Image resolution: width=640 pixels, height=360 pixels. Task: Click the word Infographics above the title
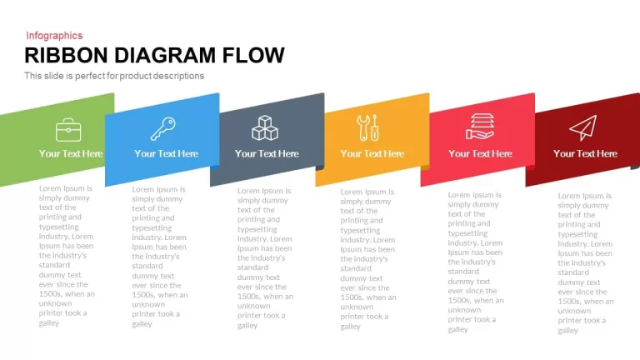[54, 36]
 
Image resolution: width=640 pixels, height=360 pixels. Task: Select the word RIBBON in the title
[66, 56]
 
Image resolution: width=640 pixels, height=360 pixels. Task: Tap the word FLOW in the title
[253, 56]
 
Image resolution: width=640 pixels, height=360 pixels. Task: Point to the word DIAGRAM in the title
[165, 56]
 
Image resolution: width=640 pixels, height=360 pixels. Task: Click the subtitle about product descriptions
[114, 76]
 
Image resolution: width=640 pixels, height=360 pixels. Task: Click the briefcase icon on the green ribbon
[68, 130]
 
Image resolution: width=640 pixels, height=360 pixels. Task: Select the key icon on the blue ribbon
[162, 128]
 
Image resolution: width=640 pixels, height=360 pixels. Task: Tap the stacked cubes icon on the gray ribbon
[265, 127]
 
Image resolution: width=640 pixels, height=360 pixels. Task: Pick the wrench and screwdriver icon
[368, 127]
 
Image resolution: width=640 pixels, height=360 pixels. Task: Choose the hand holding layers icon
[480, 127]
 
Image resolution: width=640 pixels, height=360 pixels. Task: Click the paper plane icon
[582, 127]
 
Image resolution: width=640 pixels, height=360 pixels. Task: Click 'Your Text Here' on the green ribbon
[71, 153]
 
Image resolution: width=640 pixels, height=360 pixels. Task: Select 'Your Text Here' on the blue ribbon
[166, 153]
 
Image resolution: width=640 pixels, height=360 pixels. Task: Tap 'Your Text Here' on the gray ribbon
[267, 153]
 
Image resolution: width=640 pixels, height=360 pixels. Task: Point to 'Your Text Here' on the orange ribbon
[372, 153]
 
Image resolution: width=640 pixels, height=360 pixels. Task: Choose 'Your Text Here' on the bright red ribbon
[480, 153]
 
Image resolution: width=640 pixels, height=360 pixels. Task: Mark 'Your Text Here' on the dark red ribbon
[585, 153]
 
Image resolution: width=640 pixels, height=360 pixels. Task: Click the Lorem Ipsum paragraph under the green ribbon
[67, 256]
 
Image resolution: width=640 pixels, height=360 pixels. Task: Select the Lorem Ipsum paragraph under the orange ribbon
[368, 259]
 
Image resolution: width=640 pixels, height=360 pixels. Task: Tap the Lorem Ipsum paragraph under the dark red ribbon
[586, 262]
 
